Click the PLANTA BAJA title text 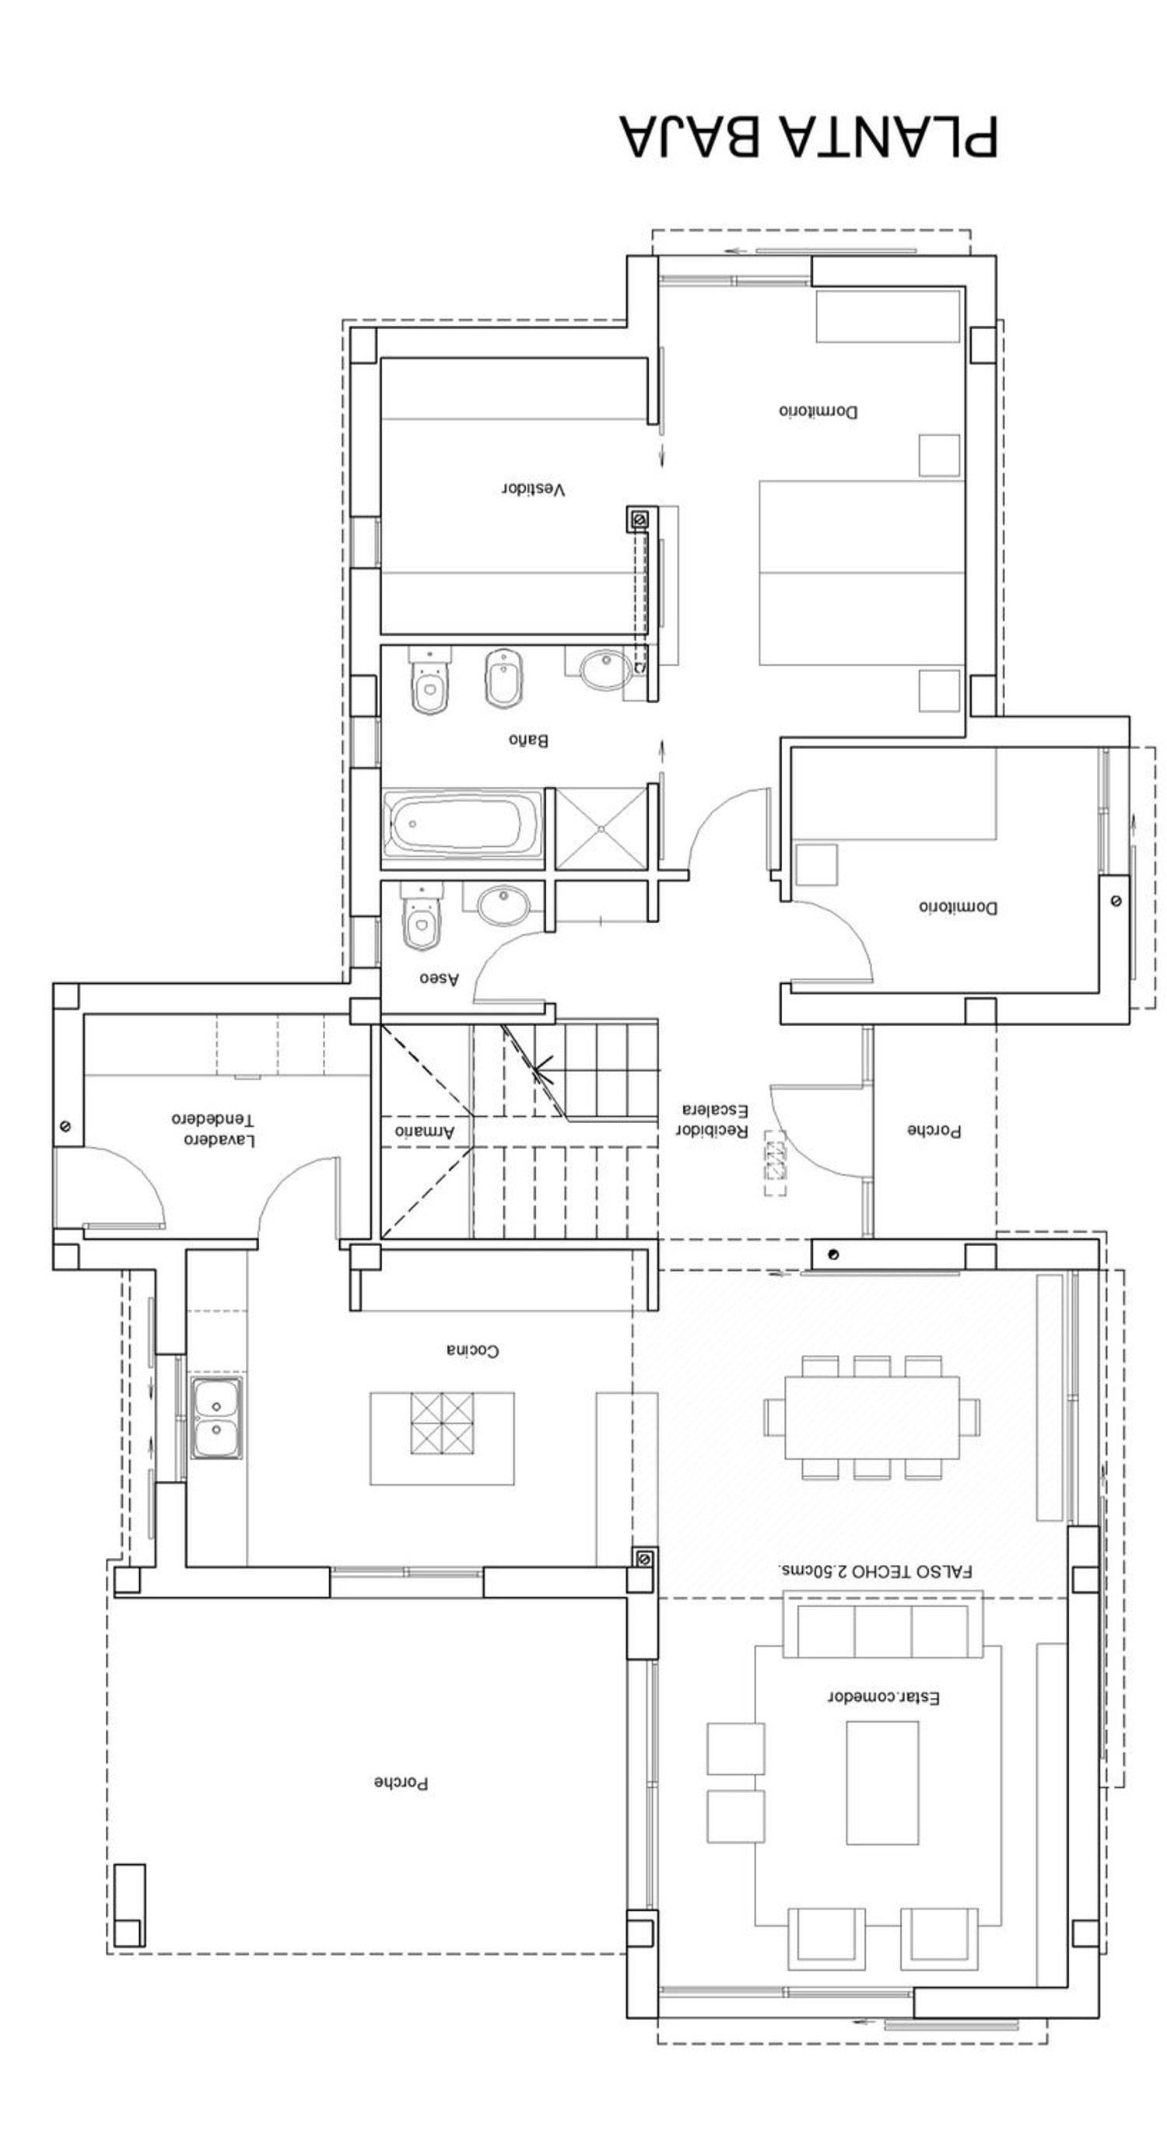(x=807, y=135)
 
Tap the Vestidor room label (x=533, y=489)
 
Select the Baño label (x=528, y=739)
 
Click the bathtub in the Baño (x=461, y=823)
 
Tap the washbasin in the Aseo (x=502, y=904)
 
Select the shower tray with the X (x=601, y=829)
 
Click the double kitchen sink (x=217, y=1417)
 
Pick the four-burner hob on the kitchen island (x=442, y=1423)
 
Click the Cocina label (x=472, y=1350)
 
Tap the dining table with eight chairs (x=871, y=1417)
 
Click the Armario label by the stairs (x=424, y=1132)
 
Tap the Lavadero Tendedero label (x=213, y=1129)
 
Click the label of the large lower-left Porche (x=401, y=1783)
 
